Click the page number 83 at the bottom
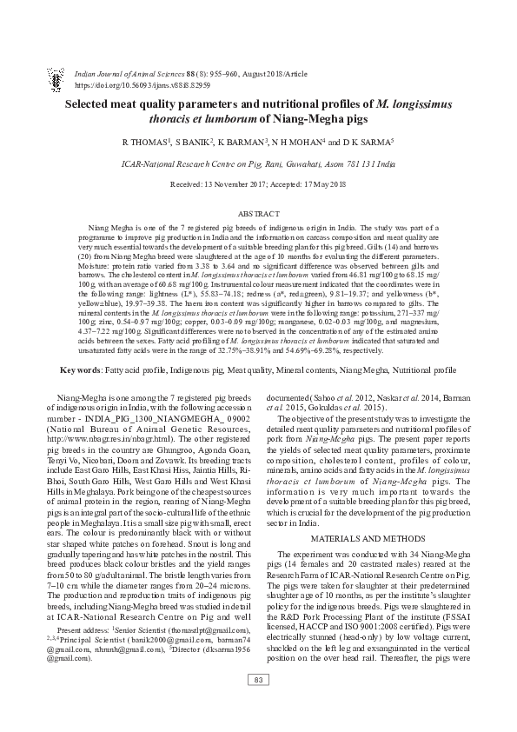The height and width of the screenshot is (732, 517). tap(258, 703)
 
